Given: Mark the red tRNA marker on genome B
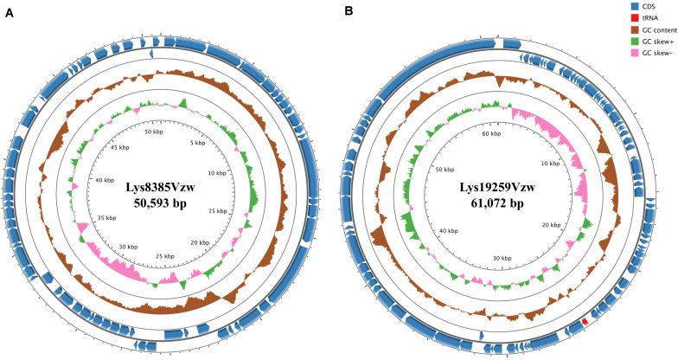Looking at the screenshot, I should point(585,321).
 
